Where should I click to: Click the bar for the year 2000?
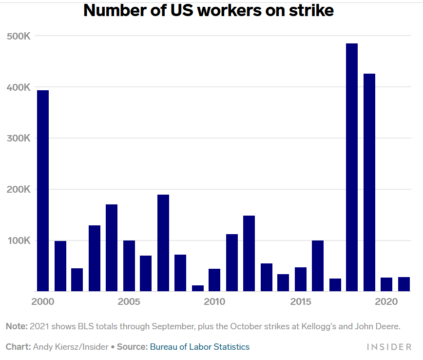[43, 191]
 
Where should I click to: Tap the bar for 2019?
[369, 182]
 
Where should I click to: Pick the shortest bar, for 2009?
[197, 288]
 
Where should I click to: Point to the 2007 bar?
[163, 243]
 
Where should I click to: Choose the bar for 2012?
[249, 254]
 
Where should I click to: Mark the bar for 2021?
[404, 284]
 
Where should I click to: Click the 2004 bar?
[112, 248]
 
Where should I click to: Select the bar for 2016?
[318, 266]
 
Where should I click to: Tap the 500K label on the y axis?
[19, 36]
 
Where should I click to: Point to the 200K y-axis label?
[19, 189]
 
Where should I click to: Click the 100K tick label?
[19, 240]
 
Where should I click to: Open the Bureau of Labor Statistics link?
[199, 347]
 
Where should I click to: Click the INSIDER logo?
[389, 347]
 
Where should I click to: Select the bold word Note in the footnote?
[16, 326]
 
